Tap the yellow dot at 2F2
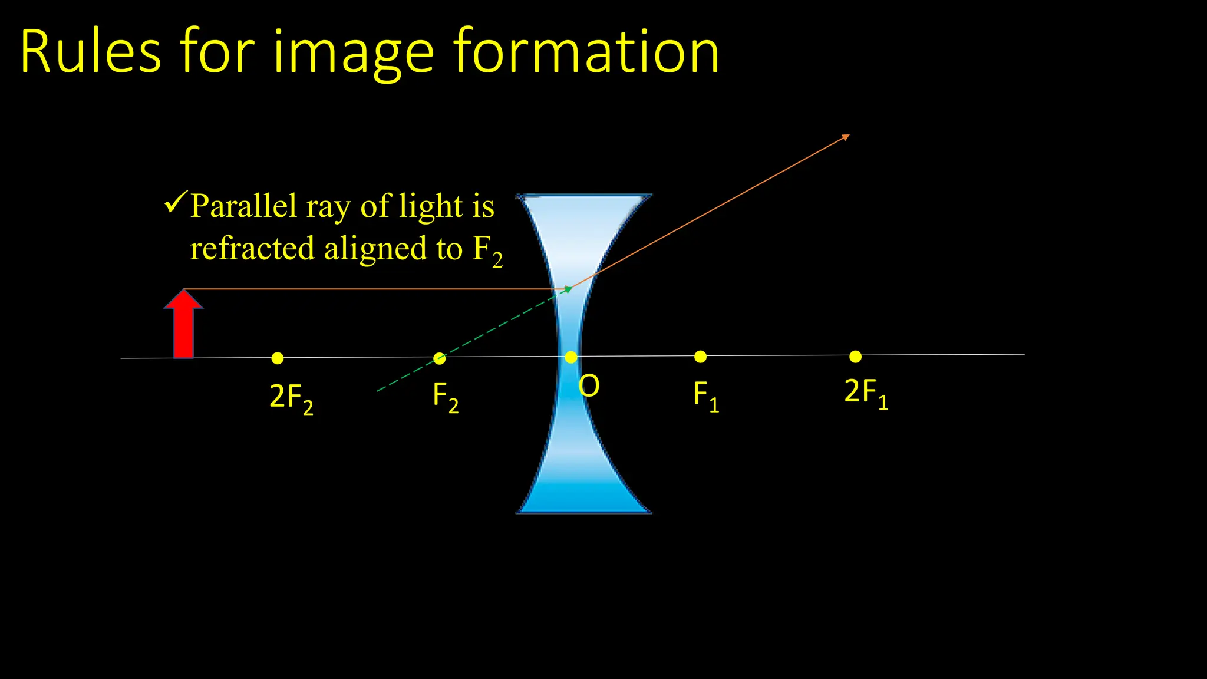point(278,358)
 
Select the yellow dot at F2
point(439,358)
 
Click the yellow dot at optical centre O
point(570,357)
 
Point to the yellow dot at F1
point(700,357)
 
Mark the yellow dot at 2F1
point(855,356)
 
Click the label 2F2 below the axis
point(291,398)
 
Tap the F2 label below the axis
point(445,397)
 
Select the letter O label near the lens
point(589,387)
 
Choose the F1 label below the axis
point(705,395)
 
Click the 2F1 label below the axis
point(866,393)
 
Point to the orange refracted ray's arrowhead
point(846,137)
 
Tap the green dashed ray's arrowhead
point(568,289)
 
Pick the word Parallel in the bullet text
point(243,206)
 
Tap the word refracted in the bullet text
point(252,248)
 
